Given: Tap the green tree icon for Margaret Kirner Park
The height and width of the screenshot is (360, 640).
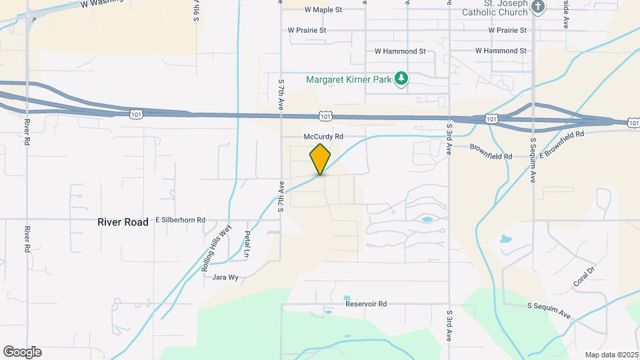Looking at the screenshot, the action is [x=401, y=79].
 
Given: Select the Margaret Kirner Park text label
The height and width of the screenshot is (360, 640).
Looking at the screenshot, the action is [x=348, y=79].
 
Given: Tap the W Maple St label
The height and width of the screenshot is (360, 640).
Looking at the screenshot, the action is [x=323, y=10].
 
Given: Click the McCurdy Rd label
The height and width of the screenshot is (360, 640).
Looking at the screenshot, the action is [x=323, y=136].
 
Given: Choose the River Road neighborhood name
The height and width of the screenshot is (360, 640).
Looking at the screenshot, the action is [x=123, y=222].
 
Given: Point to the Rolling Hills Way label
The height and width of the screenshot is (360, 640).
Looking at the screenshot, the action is [x=216, y=247].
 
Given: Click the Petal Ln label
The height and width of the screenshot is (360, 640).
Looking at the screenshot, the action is [x=247, y=244].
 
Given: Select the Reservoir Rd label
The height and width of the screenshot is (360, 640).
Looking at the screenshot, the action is [x=366, y=304].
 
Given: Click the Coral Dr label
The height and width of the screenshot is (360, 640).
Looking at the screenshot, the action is [x=583, y=277].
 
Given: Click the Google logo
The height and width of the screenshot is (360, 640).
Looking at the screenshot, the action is [x=22, y=352].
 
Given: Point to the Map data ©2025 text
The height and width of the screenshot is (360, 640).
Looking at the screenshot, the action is [x=611, y=355].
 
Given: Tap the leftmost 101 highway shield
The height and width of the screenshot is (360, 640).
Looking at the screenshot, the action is [x=136, y=114].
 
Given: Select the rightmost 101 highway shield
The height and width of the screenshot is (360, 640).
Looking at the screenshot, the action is [x=633, y=123].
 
